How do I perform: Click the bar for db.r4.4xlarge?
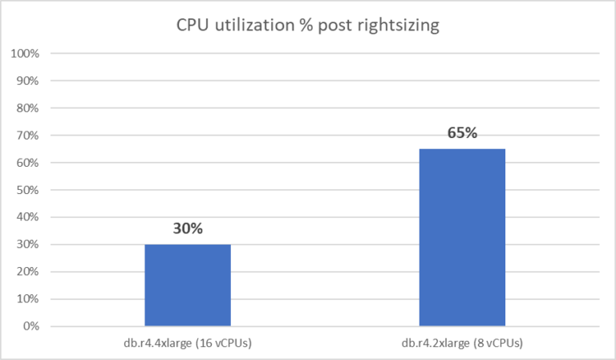188,285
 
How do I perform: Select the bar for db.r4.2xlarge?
461,237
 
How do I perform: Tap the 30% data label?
188,229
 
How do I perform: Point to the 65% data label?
462,133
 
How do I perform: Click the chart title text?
308,26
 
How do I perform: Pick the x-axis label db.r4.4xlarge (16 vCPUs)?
188,343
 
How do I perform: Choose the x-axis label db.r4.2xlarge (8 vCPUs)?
461,343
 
